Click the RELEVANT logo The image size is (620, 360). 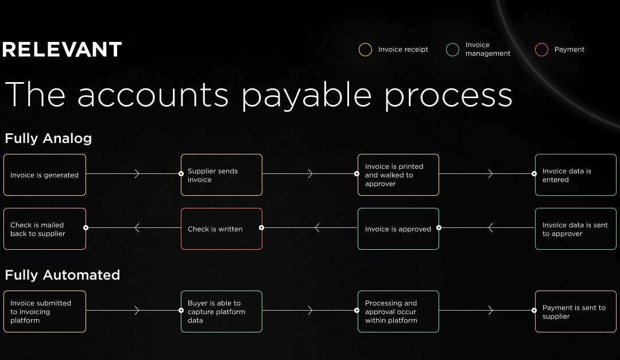coord(62,49)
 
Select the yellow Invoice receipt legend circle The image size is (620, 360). coord(365,49)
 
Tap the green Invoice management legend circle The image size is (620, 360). coord(452,49)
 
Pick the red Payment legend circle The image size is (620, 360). coord(541,49)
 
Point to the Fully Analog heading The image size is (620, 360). coord(48,138)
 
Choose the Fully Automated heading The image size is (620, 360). coord(62,275)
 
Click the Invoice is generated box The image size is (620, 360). coord(45,175)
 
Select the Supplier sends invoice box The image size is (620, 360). coord(222,175)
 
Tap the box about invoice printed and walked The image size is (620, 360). coord(398,175)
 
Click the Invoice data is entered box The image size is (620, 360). coord(575,175)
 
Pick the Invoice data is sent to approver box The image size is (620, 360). coord(575,229)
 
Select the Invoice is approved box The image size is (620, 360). coord(398,229)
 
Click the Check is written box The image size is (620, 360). coord(222,229)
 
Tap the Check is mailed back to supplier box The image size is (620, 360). coord(45,229)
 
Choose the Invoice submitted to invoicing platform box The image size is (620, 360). coord(45,311)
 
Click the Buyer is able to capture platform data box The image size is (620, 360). coord(222,311)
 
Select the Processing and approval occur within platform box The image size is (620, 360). coord(398,311)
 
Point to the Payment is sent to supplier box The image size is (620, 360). coord(575,311)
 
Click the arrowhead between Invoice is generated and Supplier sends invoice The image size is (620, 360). coord(137,173)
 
